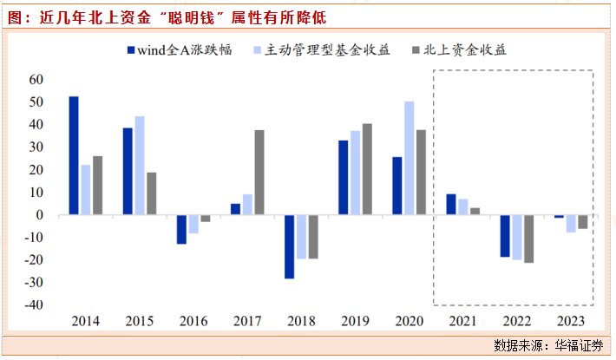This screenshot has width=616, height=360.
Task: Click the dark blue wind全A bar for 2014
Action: click(x=74, y=155)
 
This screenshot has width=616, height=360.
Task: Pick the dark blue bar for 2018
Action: click(x=290, y=246)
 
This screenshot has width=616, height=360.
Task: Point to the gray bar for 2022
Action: click(x=529, y=239)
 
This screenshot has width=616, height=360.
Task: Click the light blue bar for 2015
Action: click(x=140, y=165)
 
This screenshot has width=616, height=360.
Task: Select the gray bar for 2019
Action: click(x=367, y=169)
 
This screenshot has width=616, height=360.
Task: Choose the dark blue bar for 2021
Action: click(x=451, y=204)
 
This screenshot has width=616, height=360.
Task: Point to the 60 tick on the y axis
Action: click(x=36, y=79)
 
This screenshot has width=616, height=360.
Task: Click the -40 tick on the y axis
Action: click(x=34, y=305)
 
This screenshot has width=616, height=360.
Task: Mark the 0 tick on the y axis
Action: click(x=41, y=215)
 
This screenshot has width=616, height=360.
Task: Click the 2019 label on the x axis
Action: click(x=355, y=321)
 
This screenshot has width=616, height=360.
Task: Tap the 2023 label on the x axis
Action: click(x=569, y=321)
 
